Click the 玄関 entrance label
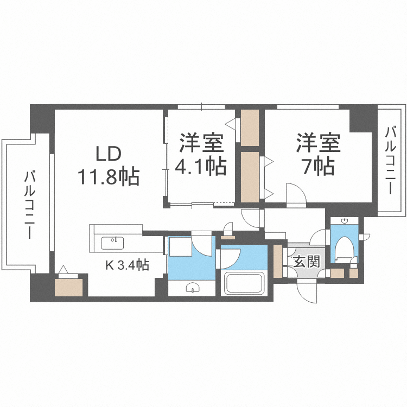pos(306,263)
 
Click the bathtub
pos(244,283)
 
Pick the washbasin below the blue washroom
pos(193,288)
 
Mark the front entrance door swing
pos(307,293)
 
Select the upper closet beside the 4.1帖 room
pos(250,128)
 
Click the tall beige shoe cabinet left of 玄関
pos(278,260)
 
